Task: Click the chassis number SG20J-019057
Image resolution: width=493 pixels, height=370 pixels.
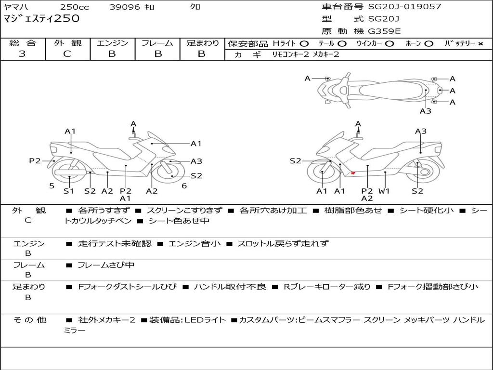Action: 404,7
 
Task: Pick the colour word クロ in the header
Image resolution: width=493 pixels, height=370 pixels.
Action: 195,7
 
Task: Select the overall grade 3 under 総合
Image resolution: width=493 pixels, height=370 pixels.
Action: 22,54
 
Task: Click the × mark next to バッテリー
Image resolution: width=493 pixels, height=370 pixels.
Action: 480,43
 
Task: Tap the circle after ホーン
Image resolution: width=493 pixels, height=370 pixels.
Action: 428,43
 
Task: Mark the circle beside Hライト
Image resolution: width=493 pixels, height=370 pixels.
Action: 304,43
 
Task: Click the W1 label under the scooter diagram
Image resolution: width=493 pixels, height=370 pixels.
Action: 384,191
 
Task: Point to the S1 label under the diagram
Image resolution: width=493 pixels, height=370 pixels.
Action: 69,191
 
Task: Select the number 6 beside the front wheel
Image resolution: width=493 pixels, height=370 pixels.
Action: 184,186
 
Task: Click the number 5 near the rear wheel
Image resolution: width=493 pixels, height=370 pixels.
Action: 52,186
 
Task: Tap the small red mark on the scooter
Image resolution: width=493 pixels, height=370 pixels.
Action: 353,173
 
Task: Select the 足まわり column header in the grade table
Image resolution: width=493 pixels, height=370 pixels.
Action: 202,43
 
